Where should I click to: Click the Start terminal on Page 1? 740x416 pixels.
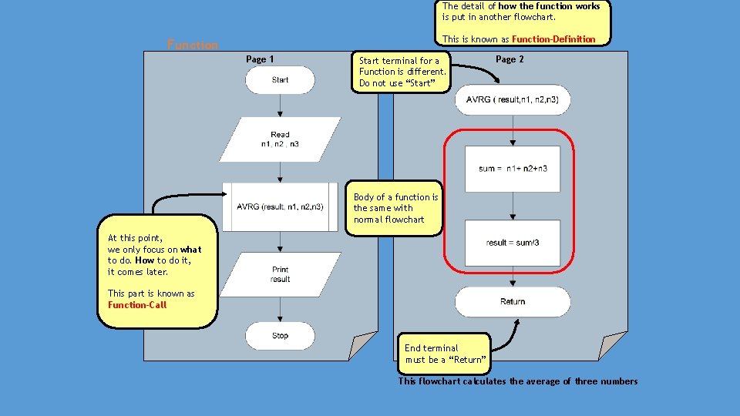pyautogui.click(x=280, y=80)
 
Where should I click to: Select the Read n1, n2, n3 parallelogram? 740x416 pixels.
pyautogui.click(x=280, y=139)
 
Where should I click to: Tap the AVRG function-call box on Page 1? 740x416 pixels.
pyautogui.click(x=280, y=206)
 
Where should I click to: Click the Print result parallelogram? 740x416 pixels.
pyautogui.click(x=280, y=274)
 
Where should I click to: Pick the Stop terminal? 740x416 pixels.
pyautogui.click(x=280, y=336)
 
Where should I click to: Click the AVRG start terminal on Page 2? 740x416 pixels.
pyautogui.click(x=513, y=99)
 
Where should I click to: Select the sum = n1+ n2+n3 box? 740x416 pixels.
pyautogui.click(x=513, y=168)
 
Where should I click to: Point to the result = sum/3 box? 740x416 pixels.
pyautogui.click(x=513, y=243)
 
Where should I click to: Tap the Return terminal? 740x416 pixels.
pyautogui.click(x=513, y=301)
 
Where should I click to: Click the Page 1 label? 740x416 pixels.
pyautogui.click(x=260, y=59)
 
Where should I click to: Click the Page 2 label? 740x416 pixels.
pyautogui.click(x=510, y=59)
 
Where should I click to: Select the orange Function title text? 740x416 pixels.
pyautogui.click(x=193, y=45)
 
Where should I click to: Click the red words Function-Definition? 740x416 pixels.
pyautogui.click(x=553, y=39)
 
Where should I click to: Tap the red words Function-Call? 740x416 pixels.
pyautogui.click(x=137, y=304)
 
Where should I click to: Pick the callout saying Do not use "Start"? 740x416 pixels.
pyautogui.click(x=401, y=72)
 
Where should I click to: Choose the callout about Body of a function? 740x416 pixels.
pyautogui.click(x=395, y=208)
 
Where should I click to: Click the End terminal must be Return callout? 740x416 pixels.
pyautogui.click(x=445, y=354)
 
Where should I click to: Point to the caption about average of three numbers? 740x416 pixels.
pyautogui.click(x=518, y=381)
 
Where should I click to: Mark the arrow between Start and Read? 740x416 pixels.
pyautogui.click(x=280, y=106)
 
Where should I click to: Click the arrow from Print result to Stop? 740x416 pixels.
pyautogui.click(x=280, y=309)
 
